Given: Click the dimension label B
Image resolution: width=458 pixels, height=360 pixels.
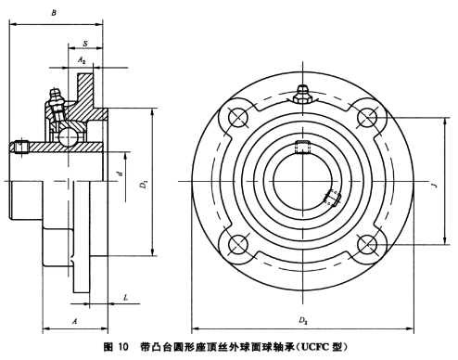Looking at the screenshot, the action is pos(54,13).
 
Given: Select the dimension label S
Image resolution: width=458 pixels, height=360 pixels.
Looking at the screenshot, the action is pos(85,44).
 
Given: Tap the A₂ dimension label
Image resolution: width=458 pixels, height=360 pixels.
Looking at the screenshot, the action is pos(81,60).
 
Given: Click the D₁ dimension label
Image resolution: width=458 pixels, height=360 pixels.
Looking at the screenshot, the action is pos(144,185).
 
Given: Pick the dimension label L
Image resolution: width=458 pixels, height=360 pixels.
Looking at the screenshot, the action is pos(125,298).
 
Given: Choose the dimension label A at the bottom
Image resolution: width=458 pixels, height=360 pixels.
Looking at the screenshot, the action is pos(74,321).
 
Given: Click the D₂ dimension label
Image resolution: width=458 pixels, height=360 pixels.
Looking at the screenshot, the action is pos(302,320).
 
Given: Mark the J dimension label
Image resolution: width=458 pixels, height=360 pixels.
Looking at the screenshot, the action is pos(435,186).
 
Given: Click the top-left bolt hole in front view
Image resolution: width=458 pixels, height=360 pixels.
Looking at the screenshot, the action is pos(238,117).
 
